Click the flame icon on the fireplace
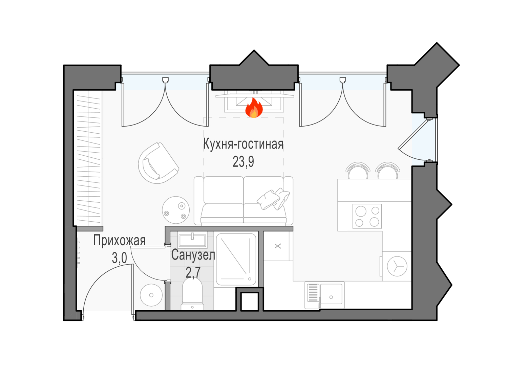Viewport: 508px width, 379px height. tap(254, 108)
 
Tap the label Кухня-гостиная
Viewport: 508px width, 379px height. tap(243, 144)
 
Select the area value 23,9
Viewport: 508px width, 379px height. tap(243, 161)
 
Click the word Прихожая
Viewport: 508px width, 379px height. tap(119, 241)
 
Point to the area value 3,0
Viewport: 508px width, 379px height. tap(120, 258)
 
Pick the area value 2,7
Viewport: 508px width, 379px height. tap(193, 272)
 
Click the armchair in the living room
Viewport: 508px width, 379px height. tap(158, 163)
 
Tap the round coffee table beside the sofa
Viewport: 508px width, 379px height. tap(176, 210)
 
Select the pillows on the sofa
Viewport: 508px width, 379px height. tap(273, 199)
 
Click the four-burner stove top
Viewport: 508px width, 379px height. tap(367, 216)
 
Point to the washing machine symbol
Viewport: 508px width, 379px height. tap(397, 266)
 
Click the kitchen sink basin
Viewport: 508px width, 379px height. tap(331, 294)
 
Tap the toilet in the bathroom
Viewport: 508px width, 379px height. tap(192, 294)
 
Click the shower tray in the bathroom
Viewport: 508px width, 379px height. tap(236, 259)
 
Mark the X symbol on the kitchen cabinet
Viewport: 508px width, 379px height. tap(278, 246)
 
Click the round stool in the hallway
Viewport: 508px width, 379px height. tap(151, 295)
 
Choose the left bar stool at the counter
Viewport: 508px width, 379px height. tap(358, 171)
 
